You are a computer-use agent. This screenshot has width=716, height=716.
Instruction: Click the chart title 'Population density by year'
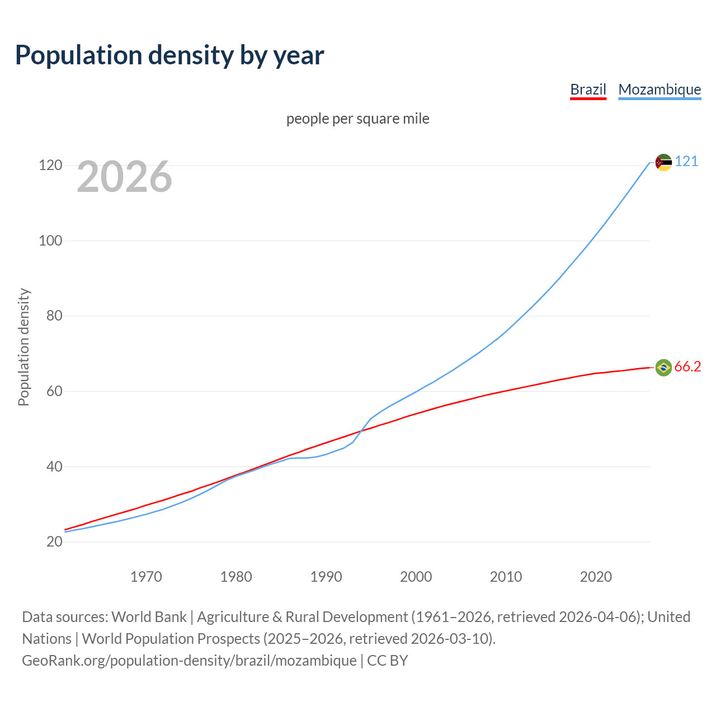[x=169, y=55]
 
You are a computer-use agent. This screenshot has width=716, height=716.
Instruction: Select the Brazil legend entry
[x=588, y=89]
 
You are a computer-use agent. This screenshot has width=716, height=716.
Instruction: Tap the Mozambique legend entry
[x=660, y=89]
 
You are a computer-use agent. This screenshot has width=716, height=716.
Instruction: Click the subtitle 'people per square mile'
[x=357, y=119]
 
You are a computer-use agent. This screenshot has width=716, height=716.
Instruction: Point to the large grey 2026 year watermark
[x=124, y=177]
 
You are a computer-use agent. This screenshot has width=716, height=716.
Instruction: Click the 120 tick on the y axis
[x=50, y=166]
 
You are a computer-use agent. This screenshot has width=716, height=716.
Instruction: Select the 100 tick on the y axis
[x=50, y=241]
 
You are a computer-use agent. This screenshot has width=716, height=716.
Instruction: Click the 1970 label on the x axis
[x=146, y=577]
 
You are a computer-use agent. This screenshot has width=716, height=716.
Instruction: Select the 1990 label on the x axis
[x=326, y=577]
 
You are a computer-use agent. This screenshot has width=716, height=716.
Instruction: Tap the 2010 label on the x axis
[x=506, y=577]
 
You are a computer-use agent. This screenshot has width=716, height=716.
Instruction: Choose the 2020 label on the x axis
[x=596, y=577]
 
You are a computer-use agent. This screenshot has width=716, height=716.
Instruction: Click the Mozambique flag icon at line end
[x=663, y=162]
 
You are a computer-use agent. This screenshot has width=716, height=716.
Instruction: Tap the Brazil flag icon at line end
[x=663, y=368]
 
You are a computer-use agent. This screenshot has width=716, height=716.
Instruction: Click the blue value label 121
[x=686, y=162]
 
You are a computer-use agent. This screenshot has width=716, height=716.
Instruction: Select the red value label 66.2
[x=687, y=367]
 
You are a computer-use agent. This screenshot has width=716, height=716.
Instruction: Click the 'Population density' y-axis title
[x=23, y=347]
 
